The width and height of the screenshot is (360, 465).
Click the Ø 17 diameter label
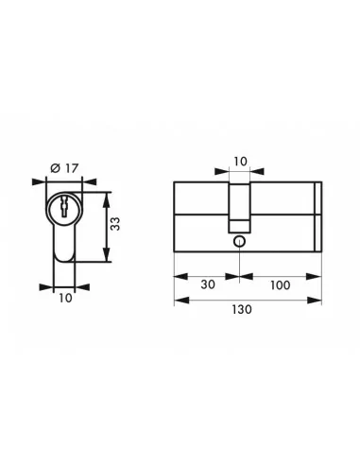[x=63, y=168]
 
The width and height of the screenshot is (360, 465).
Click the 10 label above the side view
[x=240, y=162]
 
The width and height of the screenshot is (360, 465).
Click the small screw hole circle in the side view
[x=240, y=241]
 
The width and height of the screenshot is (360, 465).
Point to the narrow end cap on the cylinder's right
[x=317, y=215]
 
